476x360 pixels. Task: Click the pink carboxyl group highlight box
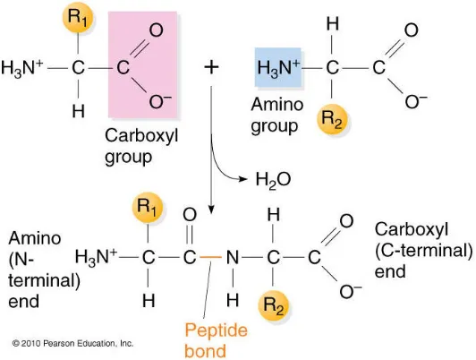tap(142, 64)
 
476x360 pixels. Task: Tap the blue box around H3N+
tap(278, 67)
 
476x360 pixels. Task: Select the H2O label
tap(273, 179)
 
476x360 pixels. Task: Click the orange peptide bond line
tap(210, 257)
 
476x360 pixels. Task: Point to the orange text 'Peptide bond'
tap(216, 340)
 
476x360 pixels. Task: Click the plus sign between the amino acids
tap(211, 67)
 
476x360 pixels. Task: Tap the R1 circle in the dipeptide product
tap(148, 208)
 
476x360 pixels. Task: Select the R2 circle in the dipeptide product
tap(274, 305)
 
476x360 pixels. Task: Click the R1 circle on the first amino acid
tap(78, 17)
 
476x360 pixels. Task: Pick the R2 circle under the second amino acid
tap(332, 119)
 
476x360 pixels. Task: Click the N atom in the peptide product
tap(233, 258)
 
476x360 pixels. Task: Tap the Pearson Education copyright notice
tap(72, 343)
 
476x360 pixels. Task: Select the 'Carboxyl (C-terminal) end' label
tap(423, 251)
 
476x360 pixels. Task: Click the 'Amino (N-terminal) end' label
tap(45, 270)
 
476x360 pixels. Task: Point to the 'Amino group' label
tap(277, 116)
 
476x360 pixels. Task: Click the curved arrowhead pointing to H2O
tap(242, 179)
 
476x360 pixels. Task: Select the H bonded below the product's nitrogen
tap(233, 300)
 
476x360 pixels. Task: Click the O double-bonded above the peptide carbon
tap(190, 215)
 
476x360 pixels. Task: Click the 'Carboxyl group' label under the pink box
tap(141, 146)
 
